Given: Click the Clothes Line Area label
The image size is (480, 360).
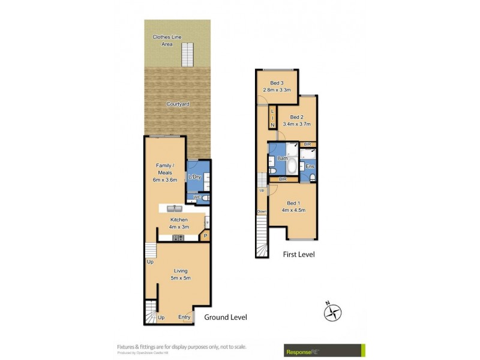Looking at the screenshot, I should coord(162,40).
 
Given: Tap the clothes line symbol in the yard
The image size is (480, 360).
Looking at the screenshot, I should coord(189,55).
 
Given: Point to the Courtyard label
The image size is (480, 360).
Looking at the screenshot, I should coord(178,104).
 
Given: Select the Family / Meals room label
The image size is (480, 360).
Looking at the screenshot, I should coord(165,172).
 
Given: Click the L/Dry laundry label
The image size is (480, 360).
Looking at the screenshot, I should coord(194,177).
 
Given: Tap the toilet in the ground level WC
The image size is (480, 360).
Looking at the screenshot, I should coord(205,197).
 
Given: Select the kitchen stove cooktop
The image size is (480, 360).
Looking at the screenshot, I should coord(179,238).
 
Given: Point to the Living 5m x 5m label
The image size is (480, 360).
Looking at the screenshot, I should coord(178,274).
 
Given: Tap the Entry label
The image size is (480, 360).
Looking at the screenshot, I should coord(185,317).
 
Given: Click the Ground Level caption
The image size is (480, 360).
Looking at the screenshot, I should coord(226,317).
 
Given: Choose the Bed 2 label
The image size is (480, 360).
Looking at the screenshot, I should coord(298,121).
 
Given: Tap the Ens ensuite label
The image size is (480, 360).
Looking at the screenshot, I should coord(310,166).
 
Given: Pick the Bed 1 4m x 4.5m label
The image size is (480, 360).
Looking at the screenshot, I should coord(293,206).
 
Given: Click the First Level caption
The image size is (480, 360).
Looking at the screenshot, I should coord(299,254).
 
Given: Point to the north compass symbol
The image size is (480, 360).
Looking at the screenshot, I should coord(333,312).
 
